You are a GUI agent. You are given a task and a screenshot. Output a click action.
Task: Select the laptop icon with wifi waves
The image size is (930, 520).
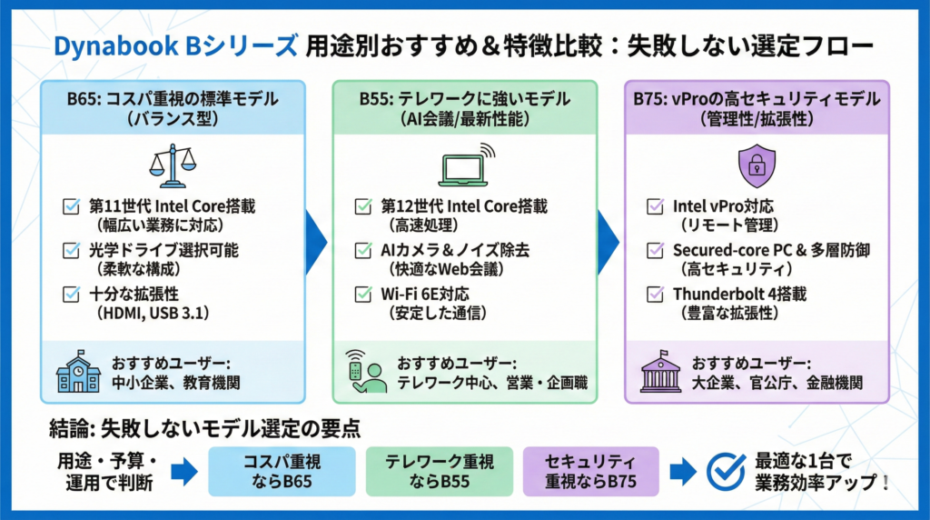[x=465, y=165]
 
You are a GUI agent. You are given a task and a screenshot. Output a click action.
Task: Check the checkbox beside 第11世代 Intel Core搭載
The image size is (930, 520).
[x=71, y=206]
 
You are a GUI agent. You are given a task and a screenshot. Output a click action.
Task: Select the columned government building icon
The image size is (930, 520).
[x=660, y=371]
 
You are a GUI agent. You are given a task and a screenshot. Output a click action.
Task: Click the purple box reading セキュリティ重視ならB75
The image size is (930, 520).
[x=590, y=470]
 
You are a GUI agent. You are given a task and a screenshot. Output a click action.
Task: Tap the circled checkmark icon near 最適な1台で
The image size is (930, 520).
[x=727, y=470]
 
